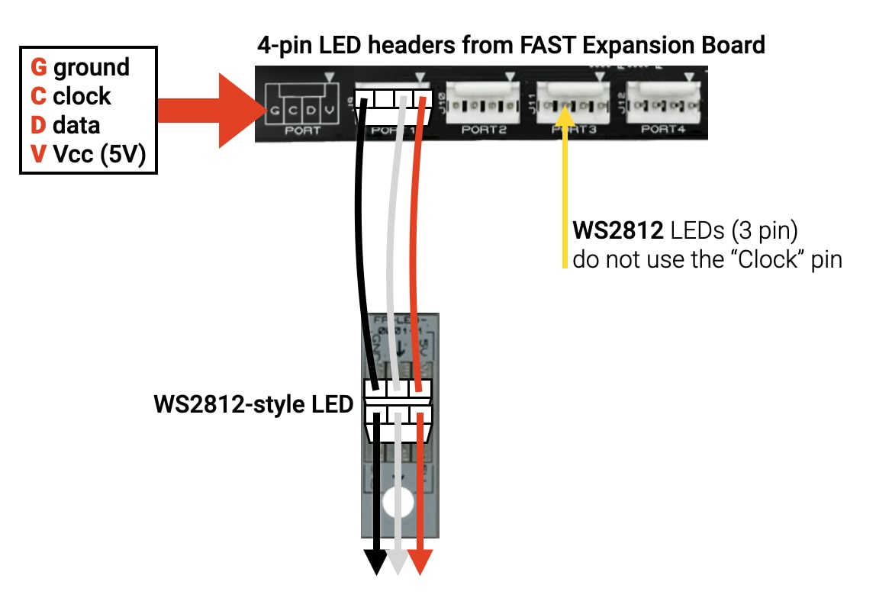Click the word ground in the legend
92,67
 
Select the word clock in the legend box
82,96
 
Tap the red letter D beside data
38,125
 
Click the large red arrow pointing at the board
206,110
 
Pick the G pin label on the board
274,111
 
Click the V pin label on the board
329,111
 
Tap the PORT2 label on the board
484,130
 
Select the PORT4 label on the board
663,129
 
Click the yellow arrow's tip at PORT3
565,114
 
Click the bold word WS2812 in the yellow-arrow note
617,230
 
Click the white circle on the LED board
398,503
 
